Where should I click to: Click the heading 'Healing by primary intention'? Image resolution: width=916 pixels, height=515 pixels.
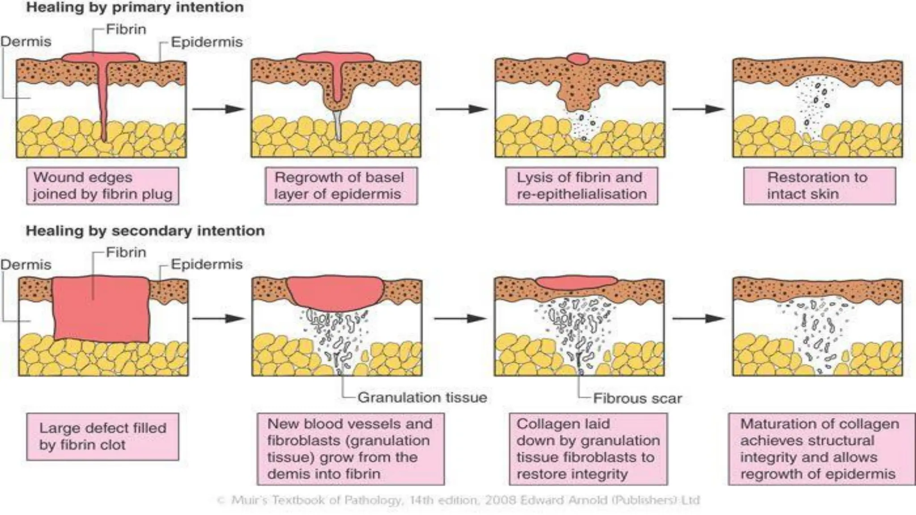(x=135, y=8)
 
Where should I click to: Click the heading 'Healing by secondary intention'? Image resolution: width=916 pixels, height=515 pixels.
(x=145, y=231)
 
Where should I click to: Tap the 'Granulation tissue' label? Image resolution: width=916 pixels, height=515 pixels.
(x=422, y=397)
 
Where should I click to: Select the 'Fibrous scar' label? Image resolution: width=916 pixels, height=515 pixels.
(x=637, y=398)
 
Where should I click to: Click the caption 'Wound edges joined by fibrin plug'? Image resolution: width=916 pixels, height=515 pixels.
(x=102, y=186)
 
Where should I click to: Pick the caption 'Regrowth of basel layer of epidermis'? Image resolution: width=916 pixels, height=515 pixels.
(x=341, y=186)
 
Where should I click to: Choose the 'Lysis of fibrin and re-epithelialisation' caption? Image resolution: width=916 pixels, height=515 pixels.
(x=581, y=186)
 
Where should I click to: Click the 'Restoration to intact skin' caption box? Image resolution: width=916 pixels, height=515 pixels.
(x=819, y=186)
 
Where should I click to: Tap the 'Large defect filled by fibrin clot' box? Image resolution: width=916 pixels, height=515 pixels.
(x=102, y=436)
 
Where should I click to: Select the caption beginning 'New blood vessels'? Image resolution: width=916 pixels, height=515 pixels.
(x=351, y=448)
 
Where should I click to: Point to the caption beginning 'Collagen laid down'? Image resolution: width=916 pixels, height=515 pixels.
(x=588, y=448)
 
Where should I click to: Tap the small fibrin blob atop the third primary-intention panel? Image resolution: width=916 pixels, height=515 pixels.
(x=578, y=59)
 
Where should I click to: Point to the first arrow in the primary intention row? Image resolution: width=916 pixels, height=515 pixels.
(x=218, y=109)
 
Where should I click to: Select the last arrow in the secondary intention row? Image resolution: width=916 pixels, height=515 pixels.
(x=698, y=318)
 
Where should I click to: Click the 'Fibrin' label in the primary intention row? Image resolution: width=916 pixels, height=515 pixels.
(x=126, y=30)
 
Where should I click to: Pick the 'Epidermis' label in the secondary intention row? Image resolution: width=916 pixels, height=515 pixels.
(x=207, y=264)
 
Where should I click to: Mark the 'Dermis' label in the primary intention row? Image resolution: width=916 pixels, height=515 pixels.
(x=26, y=42)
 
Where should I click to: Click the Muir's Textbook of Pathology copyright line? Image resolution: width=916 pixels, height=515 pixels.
(x=458, y=500)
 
